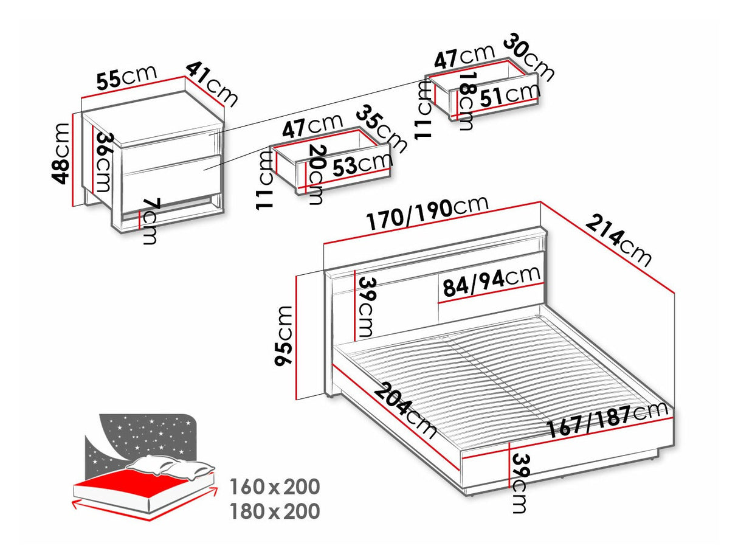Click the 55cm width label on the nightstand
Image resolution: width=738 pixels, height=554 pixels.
point(126,78)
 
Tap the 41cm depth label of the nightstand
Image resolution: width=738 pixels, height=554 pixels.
point(212,84)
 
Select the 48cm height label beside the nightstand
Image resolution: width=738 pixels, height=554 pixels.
point(62,154)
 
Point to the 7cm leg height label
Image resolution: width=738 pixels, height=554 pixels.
point(150,222)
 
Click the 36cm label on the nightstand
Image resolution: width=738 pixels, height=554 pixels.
point(104,162)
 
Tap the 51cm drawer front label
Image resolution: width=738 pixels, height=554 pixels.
point(509,95)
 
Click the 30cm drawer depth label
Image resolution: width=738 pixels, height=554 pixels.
point(528,57)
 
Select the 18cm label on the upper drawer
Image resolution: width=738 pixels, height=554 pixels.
point(467,102)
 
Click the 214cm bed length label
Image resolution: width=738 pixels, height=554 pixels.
point(618,241)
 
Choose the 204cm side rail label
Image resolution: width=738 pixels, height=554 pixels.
point(405,412)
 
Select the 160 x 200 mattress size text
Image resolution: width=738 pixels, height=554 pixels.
point(275,487)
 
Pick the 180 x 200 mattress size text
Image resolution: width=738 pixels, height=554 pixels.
point(275,511)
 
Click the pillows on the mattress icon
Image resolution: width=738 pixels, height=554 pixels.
point(170,466)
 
